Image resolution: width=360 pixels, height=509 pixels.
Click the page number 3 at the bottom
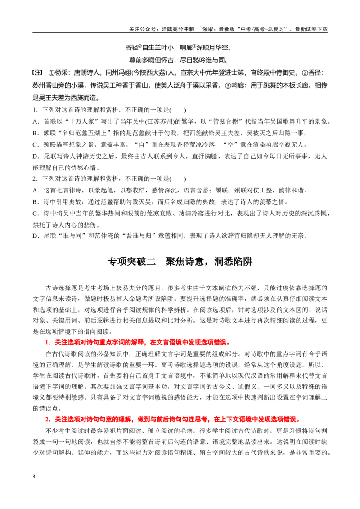pyautogui.click(x=34, y=477)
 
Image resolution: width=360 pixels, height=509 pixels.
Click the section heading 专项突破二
pyautogui.click(x=131, y=262)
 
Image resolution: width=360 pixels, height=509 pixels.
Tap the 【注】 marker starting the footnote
pyautogui.click(x=38, y=72)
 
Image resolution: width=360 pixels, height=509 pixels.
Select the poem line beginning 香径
pyautogui.click(x=179, y=48)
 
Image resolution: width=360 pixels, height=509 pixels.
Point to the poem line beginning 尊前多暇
pyautogui.click(x=179, y=60)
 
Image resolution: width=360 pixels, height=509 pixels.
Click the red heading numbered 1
pyautogui.click(x=138, y=343)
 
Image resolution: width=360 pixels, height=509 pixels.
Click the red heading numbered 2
pyautogui.click(x=172, y=420)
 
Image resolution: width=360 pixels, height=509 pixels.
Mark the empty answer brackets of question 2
pyautogui.click(x=178, y=179)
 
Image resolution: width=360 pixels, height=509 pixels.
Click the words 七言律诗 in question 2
pyautogui.click(x=71, y=191)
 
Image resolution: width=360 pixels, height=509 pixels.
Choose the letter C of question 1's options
pyautogui.click(x=35, y=145)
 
